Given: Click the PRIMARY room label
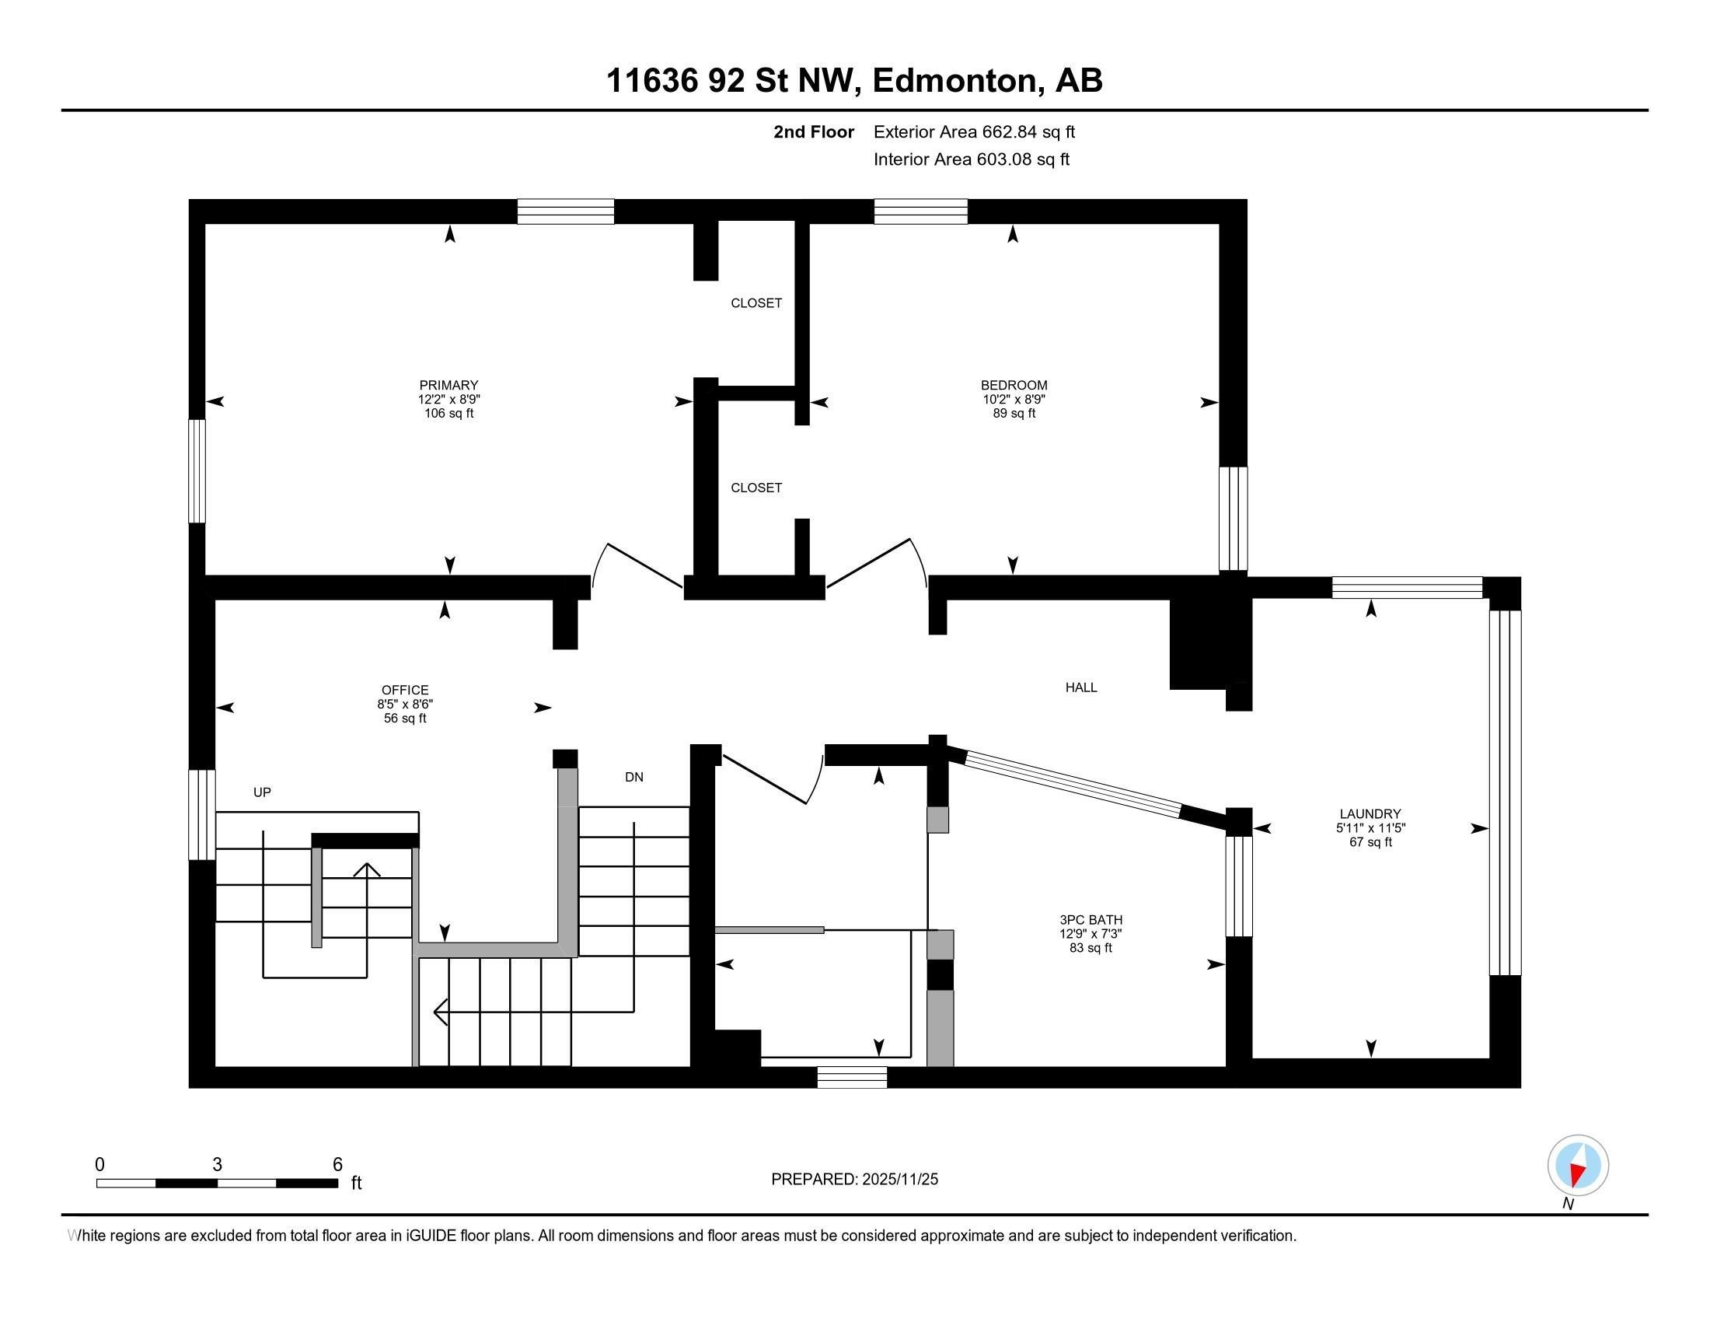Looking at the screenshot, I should tap(448, 385).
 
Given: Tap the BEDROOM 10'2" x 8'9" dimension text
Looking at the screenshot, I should tap(1014, 400).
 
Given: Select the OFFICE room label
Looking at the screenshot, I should tap(405, 690).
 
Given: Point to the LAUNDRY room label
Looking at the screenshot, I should tap(1370, 813).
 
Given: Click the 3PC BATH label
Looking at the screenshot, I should tap(1091, 919).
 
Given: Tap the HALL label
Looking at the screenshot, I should tap(1080, 687).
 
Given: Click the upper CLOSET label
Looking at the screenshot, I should tap(756, 303).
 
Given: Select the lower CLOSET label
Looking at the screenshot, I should tap(756, 488).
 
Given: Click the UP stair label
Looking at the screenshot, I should tap(261, 792).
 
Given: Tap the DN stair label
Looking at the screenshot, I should tap(633, 778).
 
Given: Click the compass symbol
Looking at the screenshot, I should tap(1578, 1166).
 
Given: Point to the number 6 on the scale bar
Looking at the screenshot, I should tap(337, 1165).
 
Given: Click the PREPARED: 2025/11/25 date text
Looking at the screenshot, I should tap(854, 1180).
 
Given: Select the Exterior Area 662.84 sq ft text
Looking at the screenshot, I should tap(974, 132).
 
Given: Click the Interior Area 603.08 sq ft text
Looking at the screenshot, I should tap(971, 159).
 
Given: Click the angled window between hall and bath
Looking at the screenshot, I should tap(1073, 784).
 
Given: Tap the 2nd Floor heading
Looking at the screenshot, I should tap(813, 132).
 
